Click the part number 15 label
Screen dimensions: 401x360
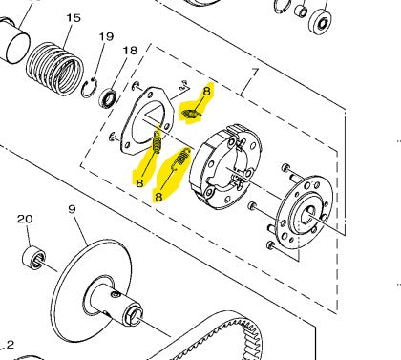click(74, 18)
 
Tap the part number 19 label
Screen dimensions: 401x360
click(106, 36)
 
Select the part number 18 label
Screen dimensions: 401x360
click(130, 51)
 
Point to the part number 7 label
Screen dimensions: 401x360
click(255, 73)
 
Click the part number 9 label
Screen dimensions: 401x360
click(73, 209)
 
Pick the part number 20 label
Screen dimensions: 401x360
click(25, 219)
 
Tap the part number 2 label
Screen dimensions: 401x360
click(11, 345)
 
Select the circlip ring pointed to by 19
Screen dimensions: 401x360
click(89, 88)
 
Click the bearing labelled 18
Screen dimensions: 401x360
click(108, 99)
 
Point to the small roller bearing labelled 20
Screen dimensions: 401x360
click(33, 258)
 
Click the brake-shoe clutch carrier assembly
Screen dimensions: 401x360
click(225, 167)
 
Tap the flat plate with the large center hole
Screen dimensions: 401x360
click(147, 121)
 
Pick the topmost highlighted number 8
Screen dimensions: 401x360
click(207, 92)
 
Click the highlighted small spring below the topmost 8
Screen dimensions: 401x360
click(191, 114)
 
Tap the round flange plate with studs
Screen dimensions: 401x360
click(305, 212)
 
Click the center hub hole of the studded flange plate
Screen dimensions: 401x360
click(309, 212)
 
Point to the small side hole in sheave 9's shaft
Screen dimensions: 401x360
click(116, 296)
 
